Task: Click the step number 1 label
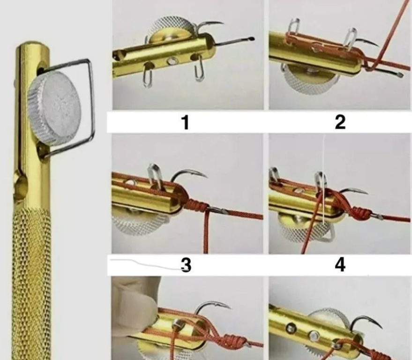tap(186, 122)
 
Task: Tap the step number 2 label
tap(340, 122)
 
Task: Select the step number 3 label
tap(186, 265)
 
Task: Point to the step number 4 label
tap(340, 265)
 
